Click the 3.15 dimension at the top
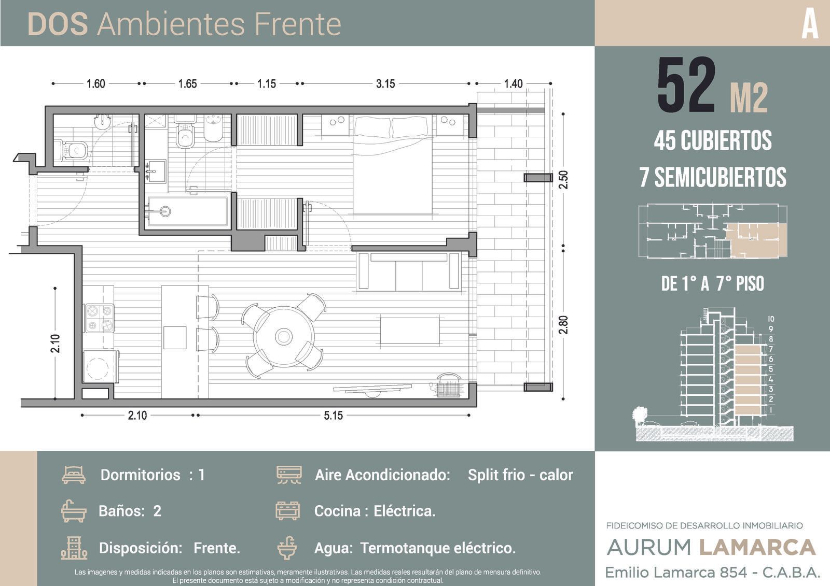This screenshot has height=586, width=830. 385,83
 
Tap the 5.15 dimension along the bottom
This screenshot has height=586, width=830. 333,416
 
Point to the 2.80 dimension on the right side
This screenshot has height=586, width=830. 563,325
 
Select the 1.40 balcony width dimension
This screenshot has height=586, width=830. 513,83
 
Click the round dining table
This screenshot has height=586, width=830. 284,336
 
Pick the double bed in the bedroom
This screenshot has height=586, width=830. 392,165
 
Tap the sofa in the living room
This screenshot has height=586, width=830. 409,271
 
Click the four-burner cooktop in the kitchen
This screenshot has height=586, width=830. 99,318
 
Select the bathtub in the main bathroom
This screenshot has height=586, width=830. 188,211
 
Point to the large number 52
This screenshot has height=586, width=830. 686,85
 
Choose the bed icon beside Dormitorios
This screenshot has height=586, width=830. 74,475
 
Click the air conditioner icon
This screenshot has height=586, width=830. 289,475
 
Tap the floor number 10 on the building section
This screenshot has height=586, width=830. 771,319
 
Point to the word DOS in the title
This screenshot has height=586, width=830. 58,24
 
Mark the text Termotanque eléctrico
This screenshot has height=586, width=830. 438,548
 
